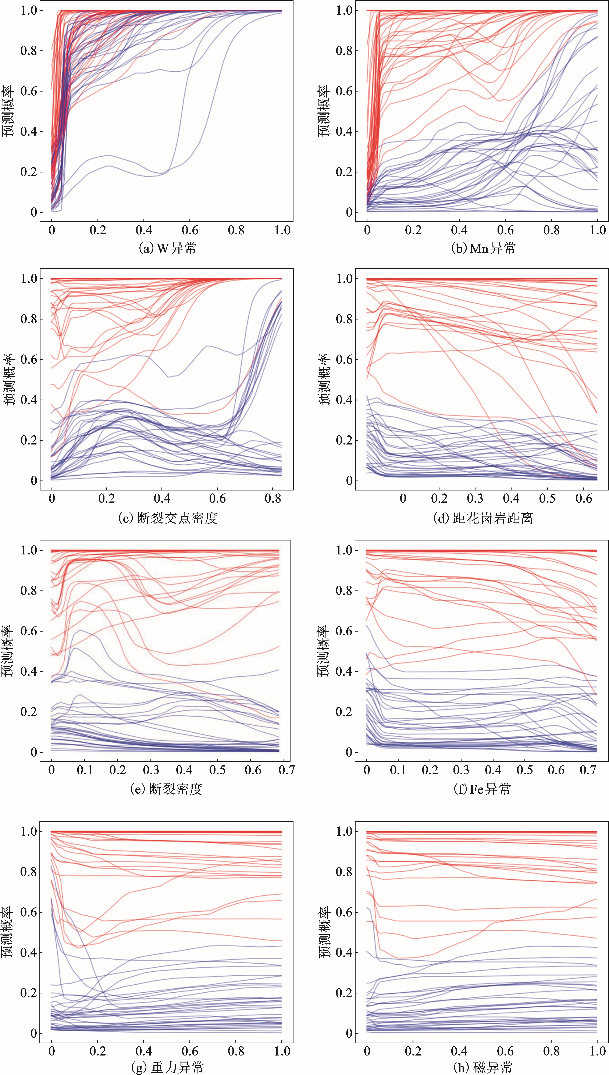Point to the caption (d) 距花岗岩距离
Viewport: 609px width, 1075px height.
pyautogui.click(x=483, y=518)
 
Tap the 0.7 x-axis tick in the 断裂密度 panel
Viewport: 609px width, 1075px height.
pyautogui.click(x=286, y=770)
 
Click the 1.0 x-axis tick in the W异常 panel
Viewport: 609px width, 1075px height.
pyautogui.click(x=281, y=230)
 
